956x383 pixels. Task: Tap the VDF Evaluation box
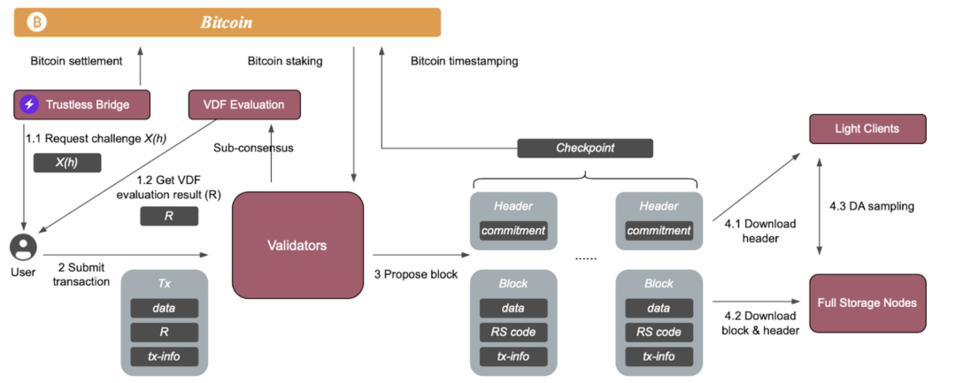click(x=245, y=104)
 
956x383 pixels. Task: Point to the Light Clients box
click(x=867, y=128)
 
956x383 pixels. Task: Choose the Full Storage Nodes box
click(x=867, y=303)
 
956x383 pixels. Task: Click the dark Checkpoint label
click(x=584, y=148)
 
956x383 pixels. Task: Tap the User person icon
click(x=23, y=245)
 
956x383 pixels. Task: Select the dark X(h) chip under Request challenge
click(x=67, y=163)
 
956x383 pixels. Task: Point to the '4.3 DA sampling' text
click(x=872, y=206)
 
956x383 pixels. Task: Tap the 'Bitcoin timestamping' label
click(x=465, y=61)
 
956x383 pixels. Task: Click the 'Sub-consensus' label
click(x=253, y=148)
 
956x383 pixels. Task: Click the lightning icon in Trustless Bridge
click(x=30, y=104)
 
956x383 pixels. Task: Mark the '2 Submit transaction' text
click(x=81, y=274)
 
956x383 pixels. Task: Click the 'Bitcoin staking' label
click(x=285, y=61)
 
